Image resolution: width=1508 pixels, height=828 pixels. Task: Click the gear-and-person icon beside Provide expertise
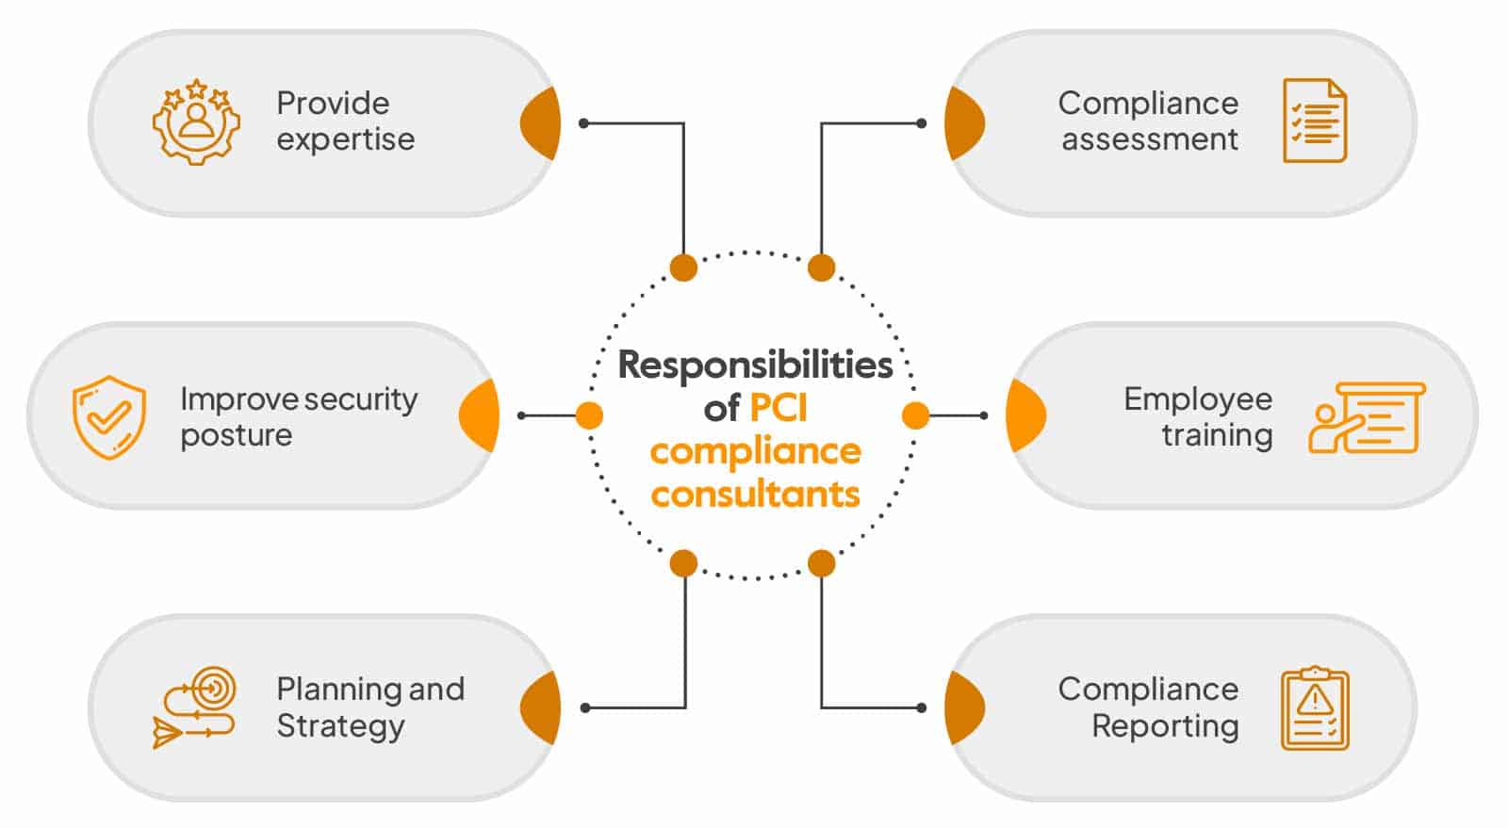click(x=196, y=122)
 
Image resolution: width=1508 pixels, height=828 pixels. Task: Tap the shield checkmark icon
click(x=109, y=416)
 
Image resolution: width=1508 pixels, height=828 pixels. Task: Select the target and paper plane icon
click(x=195, y=708)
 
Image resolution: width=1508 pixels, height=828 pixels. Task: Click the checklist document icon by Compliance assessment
click(x=1315, y=121)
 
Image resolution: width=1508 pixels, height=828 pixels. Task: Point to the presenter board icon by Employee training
click(x=1367, y=417)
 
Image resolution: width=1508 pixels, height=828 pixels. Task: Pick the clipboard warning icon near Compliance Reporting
click(x=1315, y=708)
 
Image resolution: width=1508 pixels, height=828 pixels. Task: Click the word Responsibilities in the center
click(x=755, y=365)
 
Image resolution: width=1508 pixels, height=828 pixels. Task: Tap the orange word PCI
click(x=779, y=408)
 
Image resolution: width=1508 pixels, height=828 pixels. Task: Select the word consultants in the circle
click(x=755, y=494)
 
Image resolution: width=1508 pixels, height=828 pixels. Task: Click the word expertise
click(x=345, y=140)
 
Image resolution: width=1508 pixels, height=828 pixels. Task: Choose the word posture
click(x=236, y=436)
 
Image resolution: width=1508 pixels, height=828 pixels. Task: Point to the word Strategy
click(x=340, y=727)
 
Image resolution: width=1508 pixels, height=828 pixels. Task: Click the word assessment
click(x=1150, y=140)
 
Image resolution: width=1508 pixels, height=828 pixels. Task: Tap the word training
click(x=1217, y=435)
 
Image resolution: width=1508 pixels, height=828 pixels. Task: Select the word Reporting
click(x=1165, y=726)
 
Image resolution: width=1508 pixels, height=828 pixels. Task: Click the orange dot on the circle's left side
click(x=589, y=415)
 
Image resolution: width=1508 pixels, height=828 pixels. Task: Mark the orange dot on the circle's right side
click(x=915, y=415)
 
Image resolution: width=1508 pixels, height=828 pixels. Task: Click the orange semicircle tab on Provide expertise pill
click(x=544, y=123)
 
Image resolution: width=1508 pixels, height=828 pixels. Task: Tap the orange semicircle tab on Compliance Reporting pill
click(x=962, y=708)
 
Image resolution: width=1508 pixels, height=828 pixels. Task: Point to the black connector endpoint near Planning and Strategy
click(x=585, y=707)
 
